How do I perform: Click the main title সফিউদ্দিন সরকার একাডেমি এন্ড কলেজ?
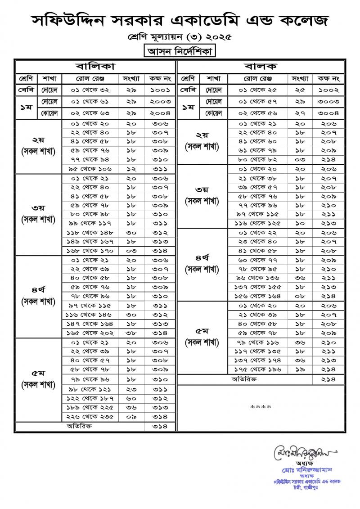pos(180,20)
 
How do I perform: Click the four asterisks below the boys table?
pos(261,407)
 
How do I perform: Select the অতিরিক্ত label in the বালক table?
pos(243,379)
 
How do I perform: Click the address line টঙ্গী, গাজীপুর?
pos(307,487)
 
